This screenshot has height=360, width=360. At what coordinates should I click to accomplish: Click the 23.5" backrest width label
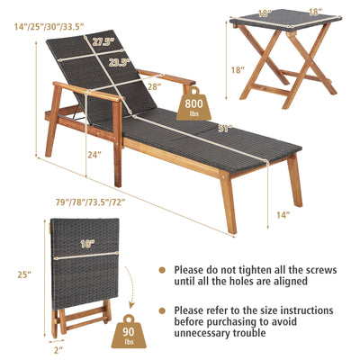click(x=120, y=63)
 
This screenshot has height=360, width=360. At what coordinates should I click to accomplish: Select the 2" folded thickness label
click(x=58, y=349)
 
